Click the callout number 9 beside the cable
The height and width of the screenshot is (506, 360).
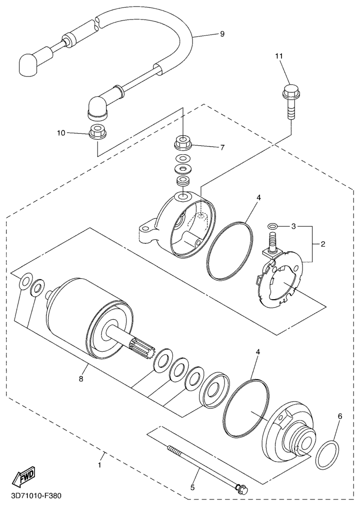click(x=222, y=34)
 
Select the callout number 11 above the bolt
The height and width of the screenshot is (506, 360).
click(x=279, y=56)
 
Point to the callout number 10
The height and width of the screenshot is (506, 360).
click(x=61, y=133)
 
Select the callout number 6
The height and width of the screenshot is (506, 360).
click(x=340, y=416)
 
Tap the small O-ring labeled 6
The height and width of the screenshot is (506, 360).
click(x=327, y=455)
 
